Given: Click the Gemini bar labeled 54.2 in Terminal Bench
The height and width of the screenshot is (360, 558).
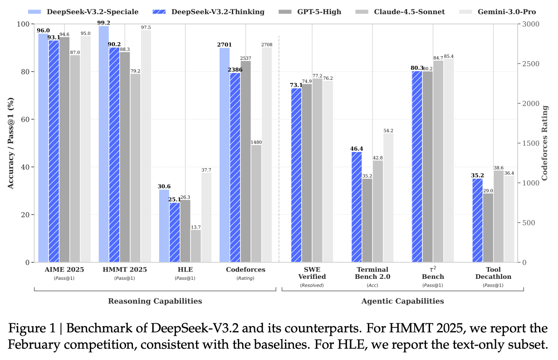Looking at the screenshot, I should pyautogui.click(x=388, y=198).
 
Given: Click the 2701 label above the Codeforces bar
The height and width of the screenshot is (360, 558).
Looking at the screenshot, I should pyautogui.click(x=225, y=44).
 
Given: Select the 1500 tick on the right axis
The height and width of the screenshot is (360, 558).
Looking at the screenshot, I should pyautogui.click(x=530, y=143).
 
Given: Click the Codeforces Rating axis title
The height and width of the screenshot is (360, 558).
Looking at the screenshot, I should pyautogui.click(x=545, y=143).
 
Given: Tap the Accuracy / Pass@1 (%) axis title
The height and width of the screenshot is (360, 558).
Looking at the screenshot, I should pyautogui.click(x=10, y=143).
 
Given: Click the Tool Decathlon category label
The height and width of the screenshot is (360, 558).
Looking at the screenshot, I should pyautogui.click(x=493, y=273).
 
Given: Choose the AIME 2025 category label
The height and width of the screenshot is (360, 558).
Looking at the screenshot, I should pyautogui.click(x=64, y=269).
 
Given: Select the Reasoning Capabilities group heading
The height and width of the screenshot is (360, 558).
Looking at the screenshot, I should pyautogui.click(x=155, y=301).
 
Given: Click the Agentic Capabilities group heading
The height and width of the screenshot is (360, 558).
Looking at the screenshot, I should pyautogui.click(x=402, y=301).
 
